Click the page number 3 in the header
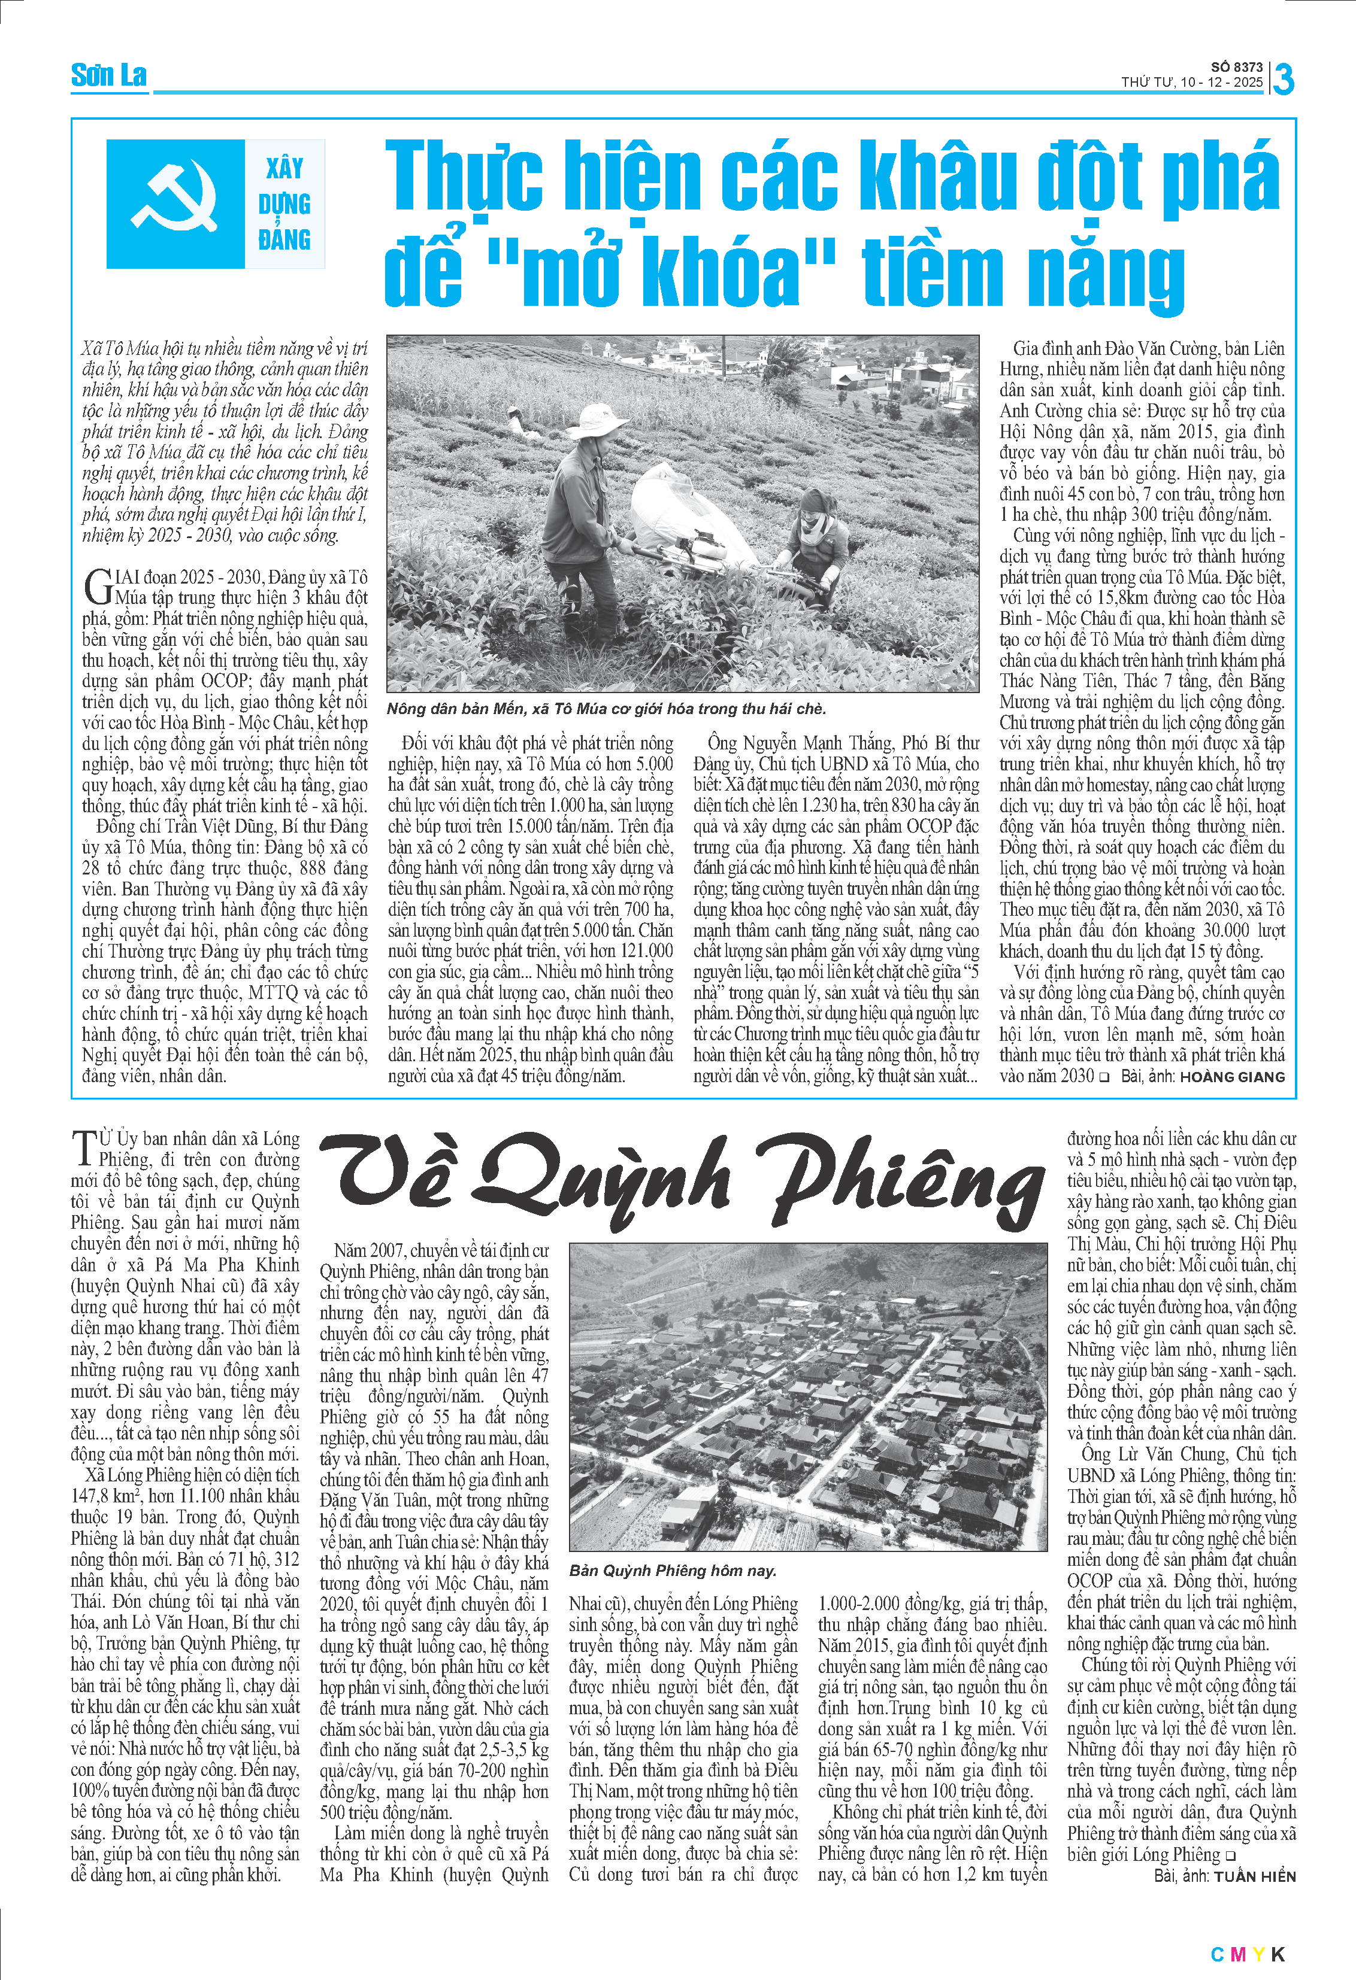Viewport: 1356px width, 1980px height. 1283,79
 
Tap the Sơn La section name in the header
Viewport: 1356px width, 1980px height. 108,75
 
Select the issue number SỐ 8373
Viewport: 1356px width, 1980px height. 1236,67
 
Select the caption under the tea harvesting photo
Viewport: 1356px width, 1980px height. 606,709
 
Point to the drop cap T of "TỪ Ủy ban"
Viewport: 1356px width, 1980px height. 83,1147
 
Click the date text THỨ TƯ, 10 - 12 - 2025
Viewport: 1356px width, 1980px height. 1191,83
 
